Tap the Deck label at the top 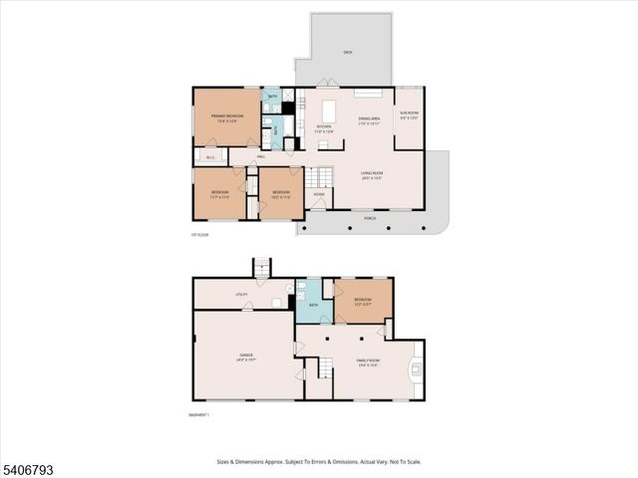(348, 51)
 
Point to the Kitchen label (323, 126)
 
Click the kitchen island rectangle (328, 107)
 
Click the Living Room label (372, 176)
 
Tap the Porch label (370, 217)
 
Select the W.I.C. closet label (210, 157)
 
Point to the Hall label (260, 157)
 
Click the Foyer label (318, 194)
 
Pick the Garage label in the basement (245, 356)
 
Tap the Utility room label (241, 295)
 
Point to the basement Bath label (313, 305)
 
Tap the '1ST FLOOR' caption (199, 235)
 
